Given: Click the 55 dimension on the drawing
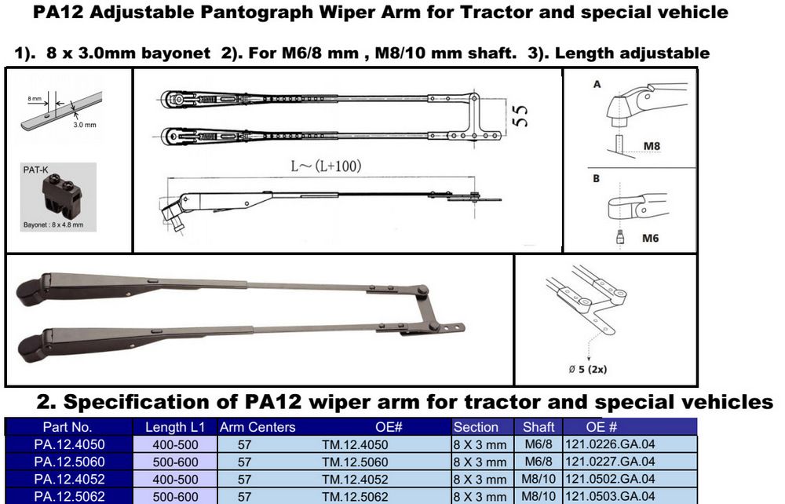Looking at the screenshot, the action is coord(520,116).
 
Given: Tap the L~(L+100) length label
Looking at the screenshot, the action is coord(326,166).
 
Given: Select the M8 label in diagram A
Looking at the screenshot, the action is coord(652,146).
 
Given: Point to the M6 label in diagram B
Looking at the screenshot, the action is coord(650,238).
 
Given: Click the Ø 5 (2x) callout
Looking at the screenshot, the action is coord(588,370).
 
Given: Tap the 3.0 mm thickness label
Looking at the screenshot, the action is coord(85,125).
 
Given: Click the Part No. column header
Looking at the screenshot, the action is coord(68,427).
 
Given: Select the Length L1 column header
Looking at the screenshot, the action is coord(175,427).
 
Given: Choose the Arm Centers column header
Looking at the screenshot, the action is coord(257,427).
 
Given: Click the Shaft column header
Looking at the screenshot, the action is coord(539,427).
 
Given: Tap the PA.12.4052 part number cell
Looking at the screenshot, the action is coord(70,479).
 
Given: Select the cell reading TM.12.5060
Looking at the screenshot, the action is coord(355,462).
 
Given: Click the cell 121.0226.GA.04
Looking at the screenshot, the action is coord(610,444).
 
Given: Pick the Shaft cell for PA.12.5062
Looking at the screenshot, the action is coord(539,496).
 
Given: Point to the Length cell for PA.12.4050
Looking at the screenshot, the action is coord(175,444).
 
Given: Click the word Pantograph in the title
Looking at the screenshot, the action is coord(257,12).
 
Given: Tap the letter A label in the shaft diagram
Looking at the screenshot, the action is coord(597,85).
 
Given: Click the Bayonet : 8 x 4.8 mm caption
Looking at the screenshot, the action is coord(53,225).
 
